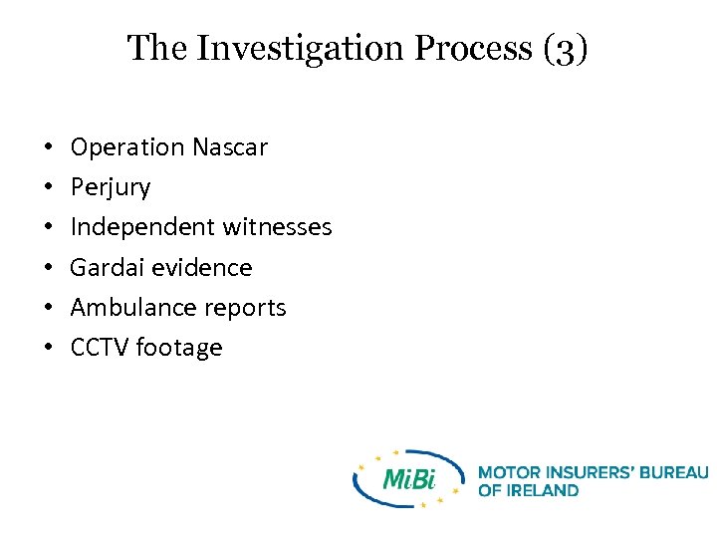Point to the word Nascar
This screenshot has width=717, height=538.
(230, 147)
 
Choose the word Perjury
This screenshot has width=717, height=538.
(111, 187)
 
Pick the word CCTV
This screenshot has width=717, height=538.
(100, 348)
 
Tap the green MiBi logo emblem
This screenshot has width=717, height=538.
(409, 478)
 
